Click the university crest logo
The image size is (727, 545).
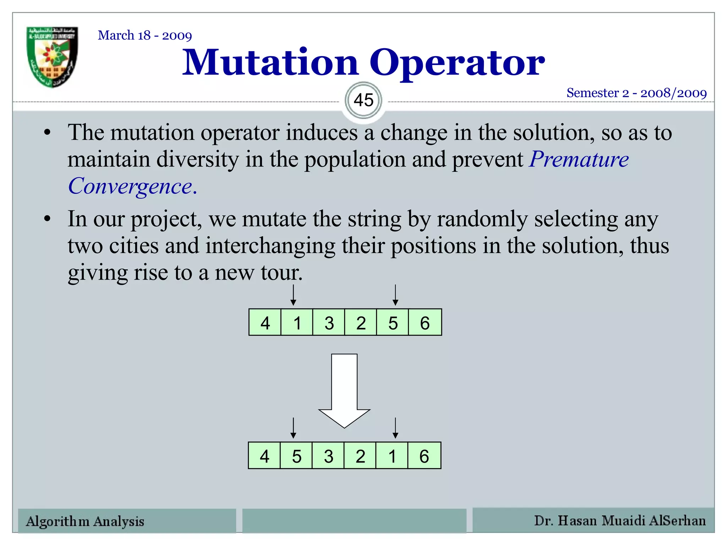pyautogui.click(x=52, y=57)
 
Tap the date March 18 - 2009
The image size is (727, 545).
pyautogui.click(x=145, y=35)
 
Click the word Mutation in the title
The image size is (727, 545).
pyautogui.click(x=270, y=63)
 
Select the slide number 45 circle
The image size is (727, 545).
pyautogui.click(x=363, y=100)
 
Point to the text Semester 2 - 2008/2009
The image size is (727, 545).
pyautogui.click(x=636, y=93)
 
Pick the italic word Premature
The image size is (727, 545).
pyautogui.click(x=579, y=159)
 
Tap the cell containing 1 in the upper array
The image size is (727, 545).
pyautogui.click(x=297, y=323)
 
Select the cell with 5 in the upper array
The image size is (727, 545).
pyautogui.click(x=393, y=323)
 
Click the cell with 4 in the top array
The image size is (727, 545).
pyautogui.click(x=265, y=323)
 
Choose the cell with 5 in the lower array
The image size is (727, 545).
pyautogui.click(x=296, y=456)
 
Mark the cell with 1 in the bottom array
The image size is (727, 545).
pyautogui.click(x=392, y=456)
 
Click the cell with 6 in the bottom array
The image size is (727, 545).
pyautogui.click(x=424, y=456)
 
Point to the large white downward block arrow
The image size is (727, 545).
pyautogui.click(x=344, y=390)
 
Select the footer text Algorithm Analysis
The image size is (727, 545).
pyautogui.click(x=85, y=521)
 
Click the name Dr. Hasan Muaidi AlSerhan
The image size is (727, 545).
pyautogui.click(x=620, y=521)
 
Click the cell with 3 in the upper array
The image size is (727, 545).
pyautogui.click(x=329, y=323)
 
